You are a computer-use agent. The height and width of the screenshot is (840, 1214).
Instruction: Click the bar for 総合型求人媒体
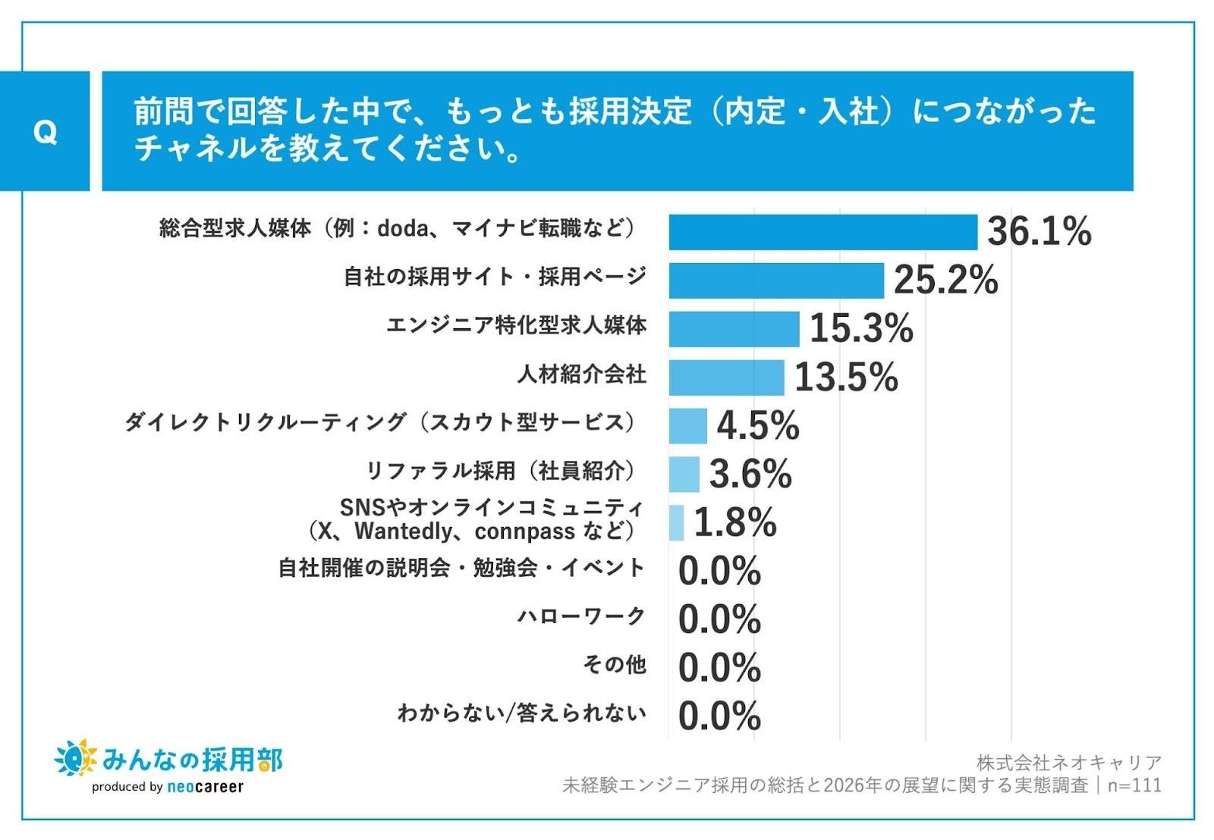click(x=822, y=232)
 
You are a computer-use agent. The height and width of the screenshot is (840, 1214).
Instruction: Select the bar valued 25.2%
click(x=776, y=281)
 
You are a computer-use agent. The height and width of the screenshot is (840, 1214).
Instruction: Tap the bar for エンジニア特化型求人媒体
click(x=734, y=329)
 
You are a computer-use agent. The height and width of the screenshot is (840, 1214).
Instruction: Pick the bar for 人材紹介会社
click(x=726, y=378)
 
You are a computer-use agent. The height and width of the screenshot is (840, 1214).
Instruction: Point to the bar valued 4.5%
click(x=687, y=425)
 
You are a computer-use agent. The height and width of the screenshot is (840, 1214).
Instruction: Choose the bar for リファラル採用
click(x=684, y=474)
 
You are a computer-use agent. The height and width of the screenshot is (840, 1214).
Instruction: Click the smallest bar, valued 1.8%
click(x=676, y=522)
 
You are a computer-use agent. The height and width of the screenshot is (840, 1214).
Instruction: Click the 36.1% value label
click(x=1039, y=231)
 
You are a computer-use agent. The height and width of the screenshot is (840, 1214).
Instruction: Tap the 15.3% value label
click(x=861, y=328)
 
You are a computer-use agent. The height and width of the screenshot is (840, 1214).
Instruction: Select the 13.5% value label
click(x=846, y=377)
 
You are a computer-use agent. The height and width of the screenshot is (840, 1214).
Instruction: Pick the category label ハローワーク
click(x=581, y=616)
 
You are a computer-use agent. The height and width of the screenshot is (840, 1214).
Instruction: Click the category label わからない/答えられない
click(x=522, y=713)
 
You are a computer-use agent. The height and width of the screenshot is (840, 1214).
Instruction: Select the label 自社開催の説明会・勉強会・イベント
click(x=462, y=568)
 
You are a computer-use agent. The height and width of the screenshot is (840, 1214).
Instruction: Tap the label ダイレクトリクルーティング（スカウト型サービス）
click(x=380, y=422)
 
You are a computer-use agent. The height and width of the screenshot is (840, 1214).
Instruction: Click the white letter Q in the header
click(x=45, y=133)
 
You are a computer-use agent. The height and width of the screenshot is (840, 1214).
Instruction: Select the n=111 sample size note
click(x=1134, y=785)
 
